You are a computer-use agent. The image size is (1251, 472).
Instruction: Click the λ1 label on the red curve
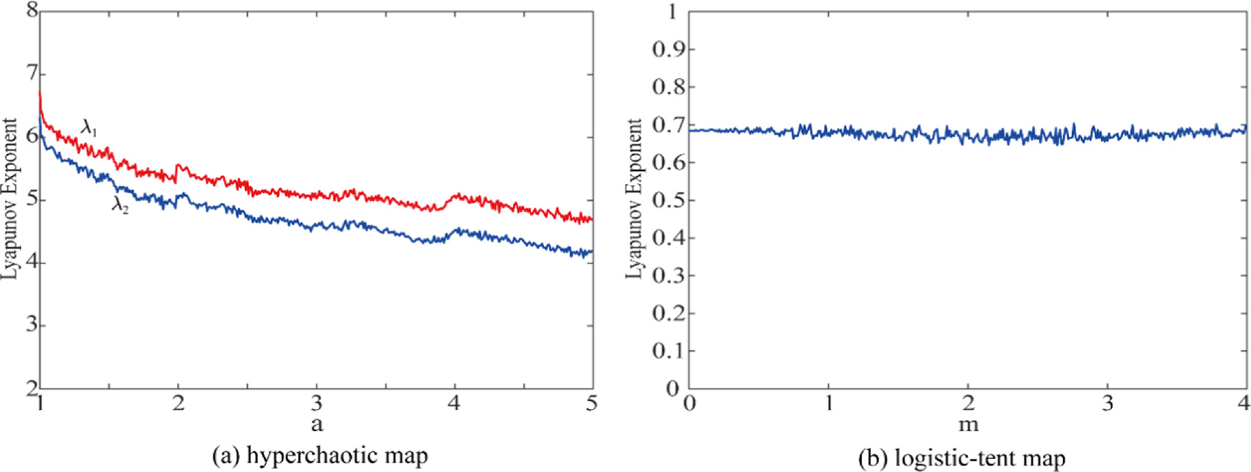(88, 129)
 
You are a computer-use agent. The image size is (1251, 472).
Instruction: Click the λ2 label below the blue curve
(120, 205)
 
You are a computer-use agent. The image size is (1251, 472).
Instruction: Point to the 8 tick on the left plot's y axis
(32, 11)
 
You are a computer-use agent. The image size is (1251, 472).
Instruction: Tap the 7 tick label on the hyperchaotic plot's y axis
(32, 74)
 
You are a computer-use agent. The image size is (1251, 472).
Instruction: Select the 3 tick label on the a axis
(317, 403)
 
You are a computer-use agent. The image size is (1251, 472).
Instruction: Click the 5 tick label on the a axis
(592, 403)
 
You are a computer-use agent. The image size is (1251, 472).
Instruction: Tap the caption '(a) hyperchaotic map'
(320, 456)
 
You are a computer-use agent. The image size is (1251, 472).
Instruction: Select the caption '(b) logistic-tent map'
(961, 458)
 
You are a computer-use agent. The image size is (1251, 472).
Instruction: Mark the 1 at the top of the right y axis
(674, 11)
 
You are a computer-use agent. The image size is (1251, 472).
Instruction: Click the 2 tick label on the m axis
(968, 403)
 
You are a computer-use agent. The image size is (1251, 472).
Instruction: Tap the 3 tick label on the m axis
(1108, 403)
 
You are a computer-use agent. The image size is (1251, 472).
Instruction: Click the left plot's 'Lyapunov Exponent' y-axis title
(9, 199)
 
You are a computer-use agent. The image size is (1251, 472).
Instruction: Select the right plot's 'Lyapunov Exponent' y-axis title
(634, 199)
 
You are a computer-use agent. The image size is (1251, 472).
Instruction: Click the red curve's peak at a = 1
(39, 91)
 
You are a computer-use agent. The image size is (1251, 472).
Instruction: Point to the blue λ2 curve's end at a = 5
(592, 252)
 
